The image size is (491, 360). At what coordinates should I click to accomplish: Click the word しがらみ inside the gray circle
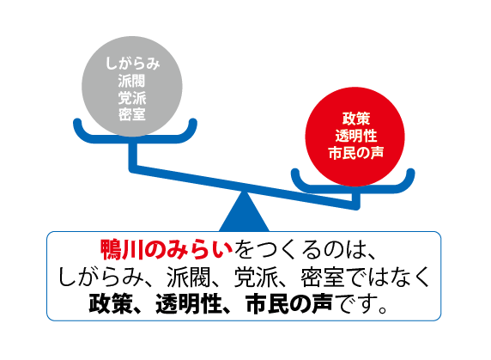click(x=133, y=64)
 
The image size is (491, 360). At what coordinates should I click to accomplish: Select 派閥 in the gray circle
click(x=132, y=81)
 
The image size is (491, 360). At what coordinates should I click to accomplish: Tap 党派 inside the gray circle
click(x=132, y=98)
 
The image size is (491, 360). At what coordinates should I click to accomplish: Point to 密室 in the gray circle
click(x=132, y=114)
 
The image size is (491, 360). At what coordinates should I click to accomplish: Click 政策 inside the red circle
click(x=356, y=119)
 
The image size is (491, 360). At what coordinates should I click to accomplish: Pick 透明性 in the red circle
click(x=356, y=136)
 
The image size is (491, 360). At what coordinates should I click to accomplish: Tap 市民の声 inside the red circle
click(x=356, y=153)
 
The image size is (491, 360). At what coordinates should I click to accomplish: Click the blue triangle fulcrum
click(x=244, y=213)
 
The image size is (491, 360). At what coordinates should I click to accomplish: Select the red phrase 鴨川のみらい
click(x=167, y=250)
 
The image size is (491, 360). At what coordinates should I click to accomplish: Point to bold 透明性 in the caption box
click(x=188, y=304)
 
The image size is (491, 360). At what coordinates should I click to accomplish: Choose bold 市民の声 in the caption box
click(x=288, y=304)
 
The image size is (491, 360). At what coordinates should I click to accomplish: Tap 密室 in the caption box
click(x=323, y=277)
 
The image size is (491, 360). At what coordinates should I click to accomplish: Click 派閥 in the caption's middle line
click(x=188, y=277)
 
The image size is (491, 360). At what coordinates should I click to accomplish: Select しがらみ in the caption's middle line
click(x=100, y=277)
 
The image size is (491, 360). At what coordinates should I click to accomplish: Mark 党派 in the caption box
click(x=256, y=277)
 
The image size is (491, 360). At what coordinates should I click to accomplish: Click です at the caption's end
click(x=354, y=304)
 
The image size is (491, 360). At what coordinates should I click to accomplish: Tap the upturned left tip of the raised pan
click(x=77, y=121)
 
